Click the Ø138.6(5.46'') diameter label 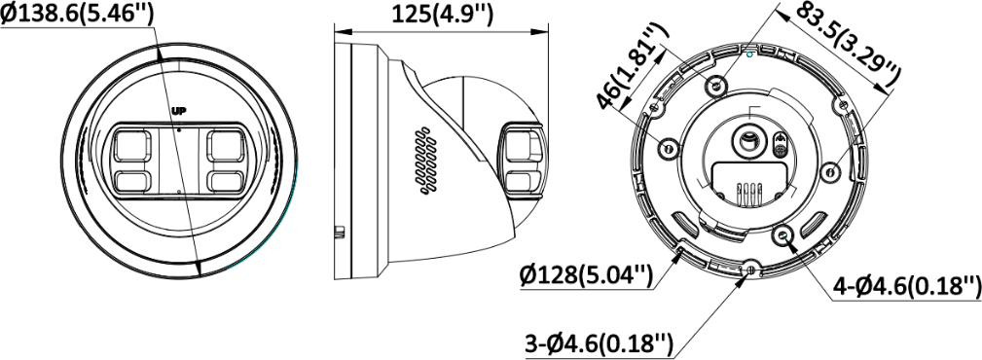pos(77,14)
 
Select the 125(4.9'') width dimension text pos(442,14)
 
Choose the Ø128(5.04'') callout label pos(587,275)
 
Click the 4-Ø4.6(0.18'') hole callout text pos(907,286)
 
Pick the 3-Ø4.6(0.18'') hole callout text pos(599,342)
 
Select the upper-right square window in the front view pos(225,146)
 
